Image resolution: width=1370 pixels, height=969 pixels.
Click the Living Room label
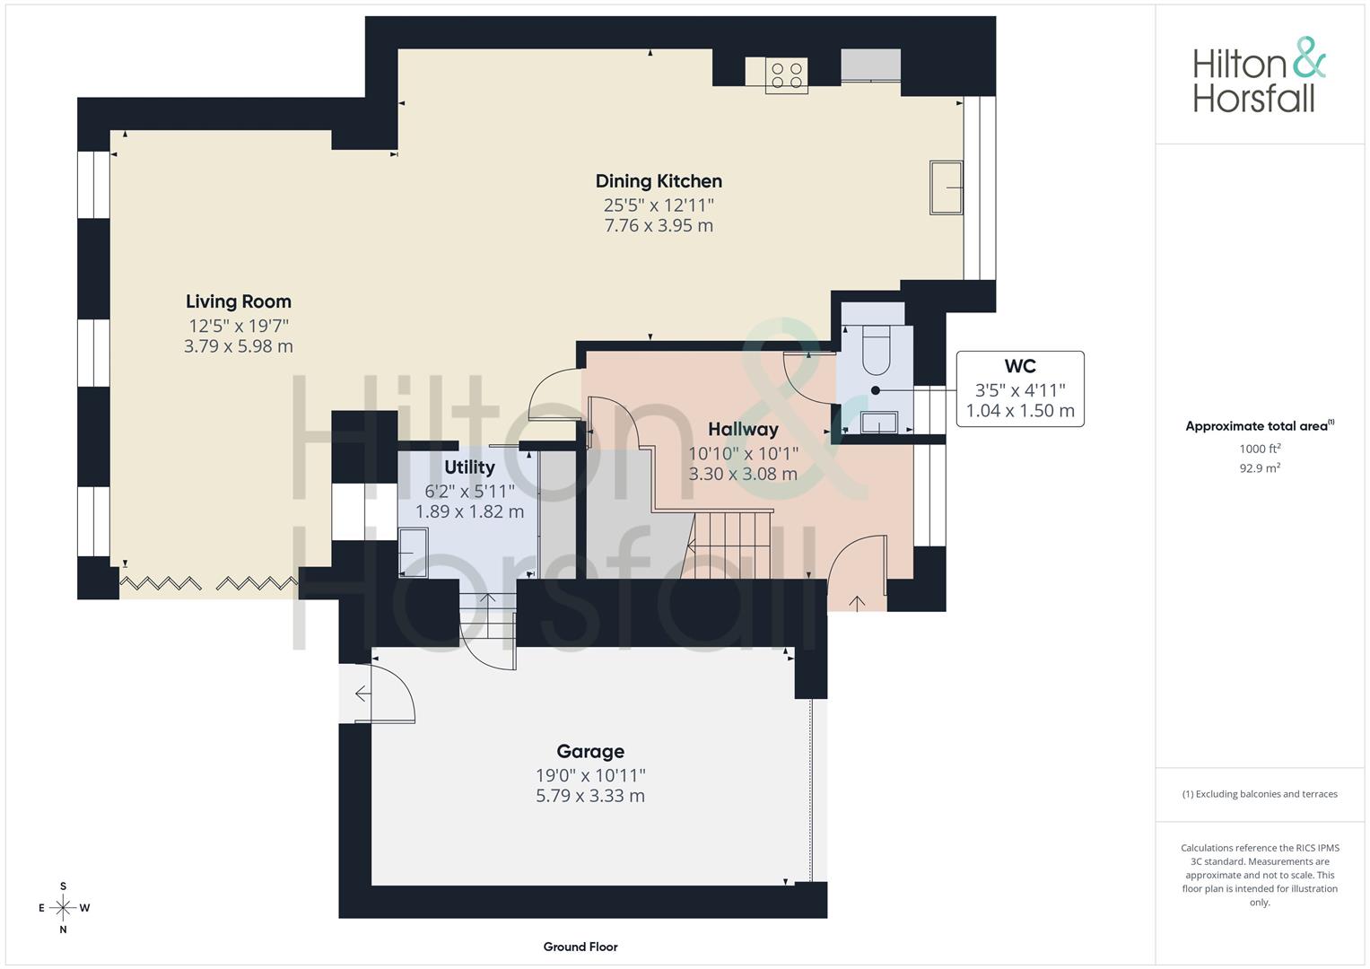tap(239, 301)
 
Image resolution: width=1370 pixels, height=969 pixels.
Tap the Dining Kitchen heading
tap(659, 181)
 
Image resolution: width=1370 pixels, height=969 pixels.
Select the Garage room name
tap(590, 751)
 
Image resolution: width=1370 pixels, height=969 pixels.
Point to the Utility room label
tap(469, 467)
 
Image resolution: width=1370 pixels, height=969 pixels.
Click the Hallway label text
tap(743, 430)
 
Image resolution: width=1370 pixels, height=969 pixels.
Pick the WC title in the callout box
tap(1020, 366)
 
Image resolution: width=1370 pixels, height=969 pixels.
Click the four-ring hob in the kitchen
tap(787, 76)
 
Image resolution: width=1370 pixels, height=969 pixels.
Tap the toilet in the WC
tap(876, 350)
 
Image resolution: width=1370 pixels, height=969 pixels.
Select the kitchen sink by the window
tap(947, 188)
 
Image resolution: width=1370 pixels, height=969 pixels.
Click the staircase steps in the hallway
tap(731, 546)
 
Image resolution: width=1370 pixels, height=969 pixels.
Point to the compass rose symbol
tap(63, 908)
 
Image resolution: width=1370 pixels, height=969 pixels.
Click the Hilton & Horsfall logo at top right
tap(1260, 76)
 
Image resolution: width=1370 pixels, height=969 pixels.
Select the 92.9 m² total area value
tap(1260, 468)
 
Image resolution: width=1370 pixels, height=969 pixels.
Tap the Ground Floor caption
tap(580, 947)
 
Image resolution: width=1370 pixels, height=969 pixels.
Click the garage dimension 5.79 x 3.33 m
tap(590, 796)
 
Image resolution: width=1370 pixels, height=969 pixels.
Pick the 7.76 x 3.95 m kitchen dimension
tap(659, 226)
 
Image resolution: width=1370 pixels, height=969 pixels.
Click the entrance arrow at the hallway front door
tap(857, 603)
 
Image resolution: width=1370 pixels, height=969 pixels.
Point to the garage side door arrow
tap(362, 694)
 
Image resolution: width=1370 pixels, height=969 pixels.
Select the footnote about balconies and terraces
tap(1260, 794)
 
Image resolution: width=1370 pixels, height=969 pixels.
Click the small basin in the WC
tap(879, 422)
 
